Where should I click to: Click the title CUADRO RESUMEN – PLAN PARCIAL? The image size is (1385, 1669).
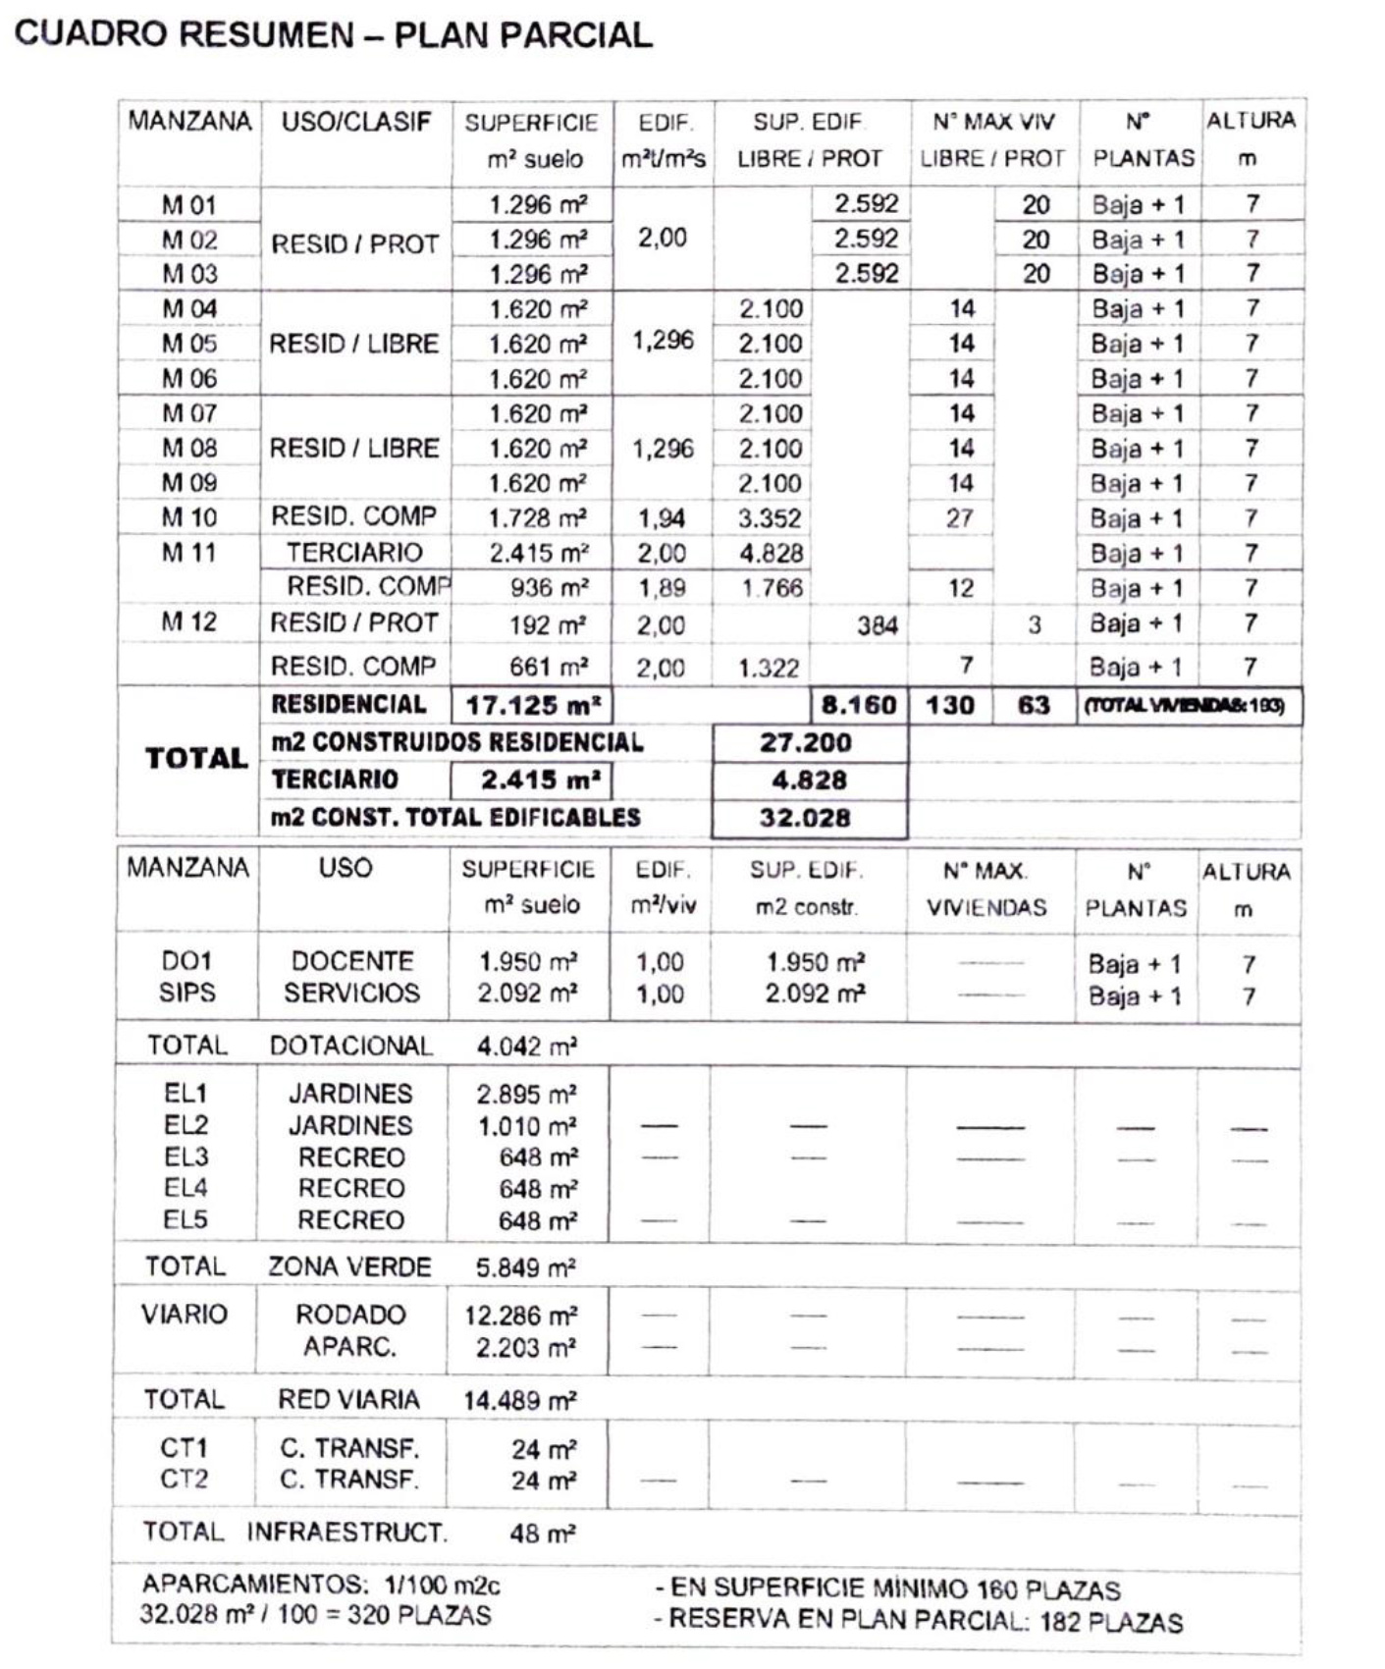point(334,34)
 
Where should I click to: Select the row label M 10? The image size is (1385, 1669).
point(188,517)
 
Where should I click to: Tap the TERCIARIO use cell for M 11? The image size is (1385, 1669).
point(354,553)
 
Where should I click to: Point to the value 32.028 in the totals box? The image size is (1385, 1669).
point(804,818)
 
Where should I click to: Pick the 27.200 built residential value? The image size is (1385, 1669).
point(805,742)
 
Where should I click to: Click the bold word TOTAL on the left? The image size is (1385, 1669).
point(196,758)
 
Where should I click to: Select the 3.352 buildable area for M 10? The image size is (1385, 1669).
point(771,518)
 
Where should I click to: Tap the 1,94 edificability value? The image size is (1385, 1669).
point(662,518)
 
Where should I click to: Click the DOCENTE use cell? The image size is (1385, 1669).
point(352,961)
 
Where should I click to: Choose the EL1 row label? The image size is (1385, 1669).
point(186,1094)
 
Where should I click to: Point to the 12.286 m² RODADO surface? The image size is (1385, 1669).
point(521,1316)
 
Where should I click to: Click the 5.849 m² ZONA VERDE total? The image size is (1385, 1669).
point(526,1267)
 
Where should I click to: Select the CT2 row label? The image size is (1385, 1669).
point(185,1479)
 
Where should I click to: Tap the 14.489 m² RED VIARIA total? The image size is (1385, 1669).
point(520,1401)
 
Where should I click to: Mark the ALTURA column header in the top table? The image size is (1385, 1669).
point(1251,121)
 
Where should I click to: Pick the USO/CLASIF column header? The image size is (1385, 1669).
point(356,122)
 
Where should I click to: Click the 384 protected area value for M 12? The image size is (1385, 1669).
point(877,625)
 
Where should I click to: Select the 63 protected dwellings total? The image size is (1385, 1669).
point(1034,705)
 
